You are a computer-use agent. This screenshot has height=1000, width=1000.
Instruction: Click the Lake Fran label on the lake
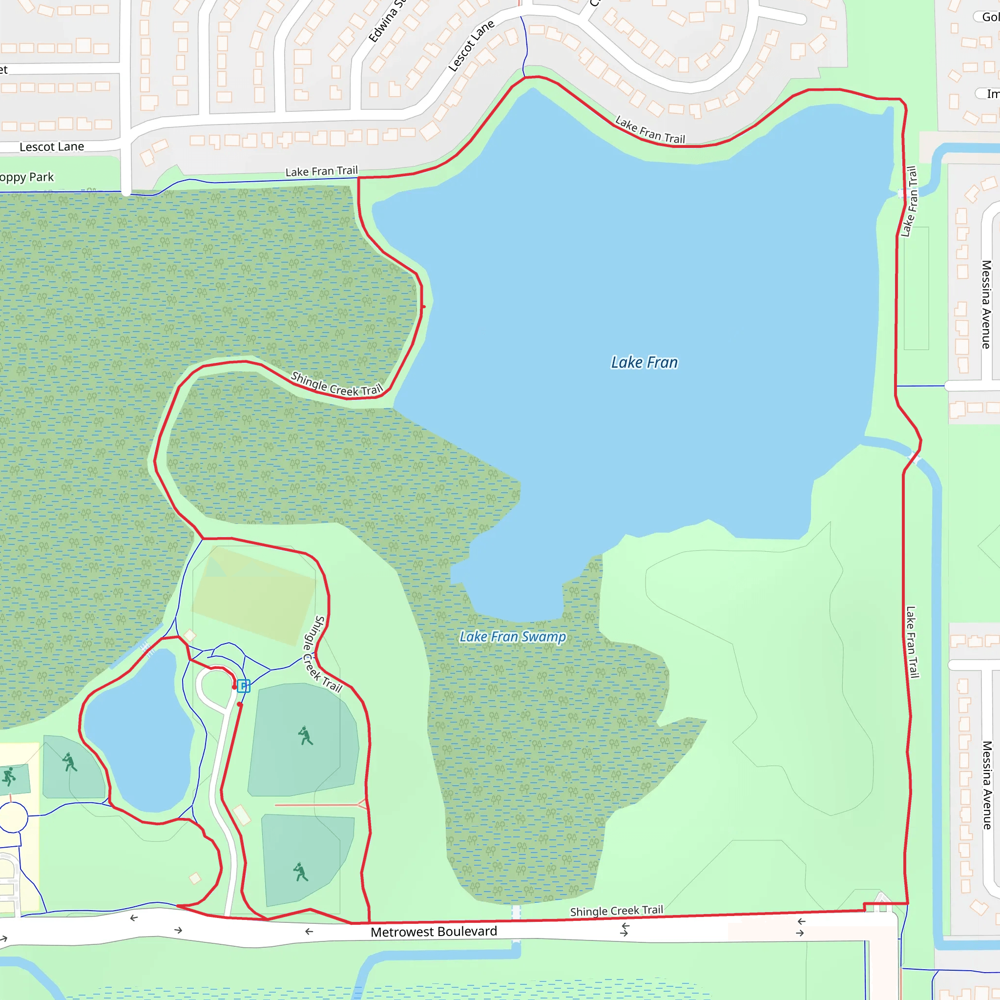(644, 362)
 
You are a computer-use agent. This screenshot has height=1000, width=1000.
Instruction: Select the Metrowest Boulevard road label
(434, 932)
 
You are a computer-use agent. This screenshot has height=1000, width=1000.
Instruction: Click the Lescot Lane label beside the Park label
(52, 147)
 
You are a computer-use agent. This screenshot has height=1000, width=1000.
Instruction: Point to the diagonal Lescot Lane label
(471, 46)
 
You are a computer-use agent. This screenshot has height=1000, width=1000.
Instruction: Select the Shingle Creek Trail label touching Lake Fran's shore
(336, 385)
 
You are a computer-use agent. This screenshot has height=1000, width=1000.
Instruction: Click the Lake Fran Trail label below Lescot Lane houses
(321, 171)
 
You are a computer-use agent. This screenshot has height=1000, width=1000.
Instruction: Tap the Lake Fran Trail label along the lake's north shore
(649, 130)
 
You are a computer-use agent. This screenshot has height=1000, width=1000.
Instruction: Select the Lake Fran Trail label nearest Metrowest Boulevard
(912, 642)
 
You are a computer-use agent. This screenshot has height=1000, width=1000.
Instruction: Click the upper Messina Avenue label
(986, 304)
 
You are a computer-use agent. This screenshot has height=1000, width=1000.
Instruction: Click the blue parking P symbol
(244, 687)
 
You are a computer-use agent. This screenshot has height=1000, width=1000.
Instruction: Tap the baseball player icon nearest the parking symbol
(305, 735)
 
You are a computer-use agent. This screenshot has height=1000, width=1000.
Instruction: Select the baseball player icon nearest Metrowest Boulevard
(300, 872)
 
